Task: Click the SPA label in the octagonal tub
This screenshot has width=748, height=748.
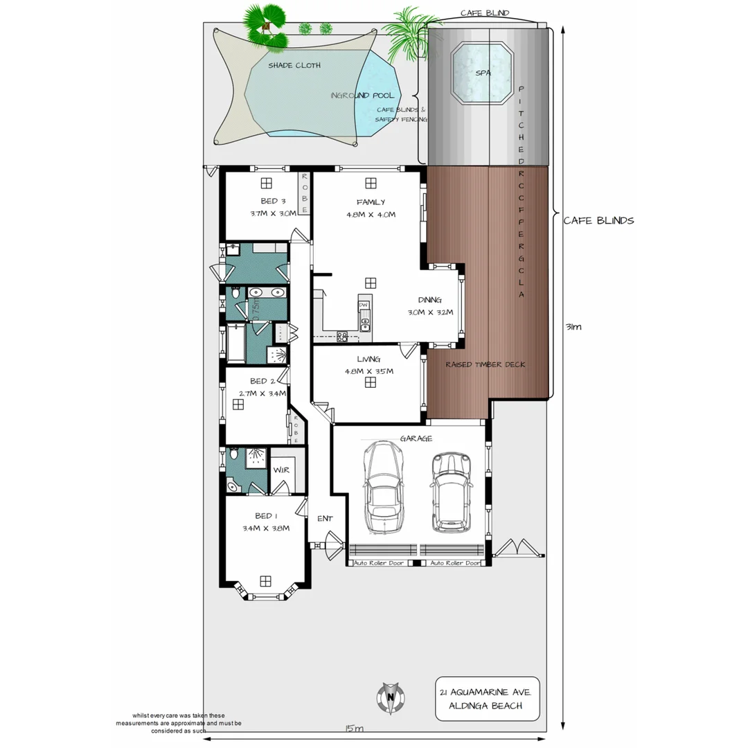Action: coord(483,72)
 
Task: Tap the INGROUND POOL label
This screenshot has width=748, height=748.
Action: coord(362,96)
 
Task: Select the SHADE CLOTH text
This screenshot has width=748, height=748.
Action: coord(294,65)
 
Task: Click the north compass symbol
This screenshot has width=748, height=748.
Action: coord(391,697)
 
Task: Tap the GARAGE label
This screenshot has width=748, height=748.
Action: coord(416,438)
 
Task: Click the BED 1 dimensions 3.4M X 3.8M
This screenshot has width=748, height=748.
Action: coord(265,528)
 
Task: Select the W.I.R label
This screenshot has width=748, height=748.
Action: coord(281,470)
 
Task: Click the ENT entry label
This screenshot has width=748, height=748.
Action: coord(325,518)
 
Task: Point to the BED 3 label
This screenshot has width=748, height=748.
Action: coord(265,202)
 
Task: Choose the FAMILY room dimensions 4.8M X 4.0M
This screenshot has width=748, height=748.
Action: coord(371,215)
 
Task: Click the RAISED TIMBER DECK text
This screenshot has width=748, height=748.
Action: coord(485,364)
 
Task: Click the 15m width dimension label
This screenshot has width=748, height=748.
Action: coord(354,729)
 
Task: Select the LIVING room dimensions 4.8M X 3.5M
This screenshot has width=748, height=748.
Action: coord(369,371)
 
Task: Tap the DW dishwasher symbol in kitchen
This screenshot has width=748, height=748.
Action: coord(363,305)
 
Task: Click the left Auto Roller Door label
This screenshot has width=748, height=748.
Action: coord(379,563)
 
